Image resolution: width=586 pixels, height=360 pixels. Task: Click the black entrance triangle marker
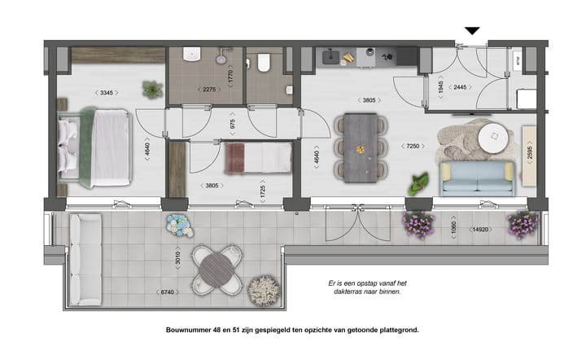[472, 32]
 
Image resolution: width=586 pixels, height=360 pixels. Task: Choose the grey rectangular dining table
[360, 147]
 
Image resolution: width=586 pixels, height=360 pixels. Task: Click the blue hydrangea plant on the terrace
[177, 225]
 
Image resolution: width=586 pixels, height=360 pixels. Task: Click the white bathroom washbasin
[192, 55]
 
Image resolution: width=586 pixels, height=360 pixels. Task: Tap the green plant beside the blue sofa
[418, 184]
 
